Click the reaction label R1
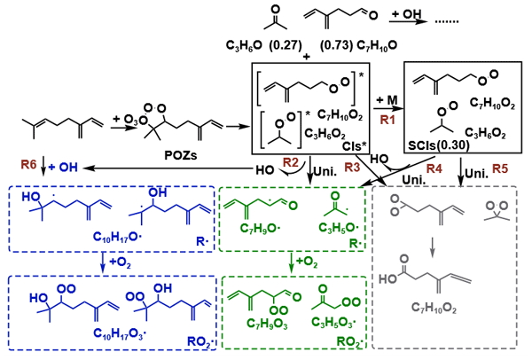[384, 117]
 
